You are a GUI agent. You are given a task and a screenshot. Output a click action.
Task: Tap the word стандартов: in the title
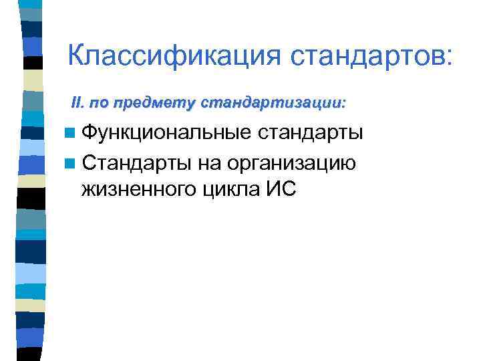[x=371, y=55]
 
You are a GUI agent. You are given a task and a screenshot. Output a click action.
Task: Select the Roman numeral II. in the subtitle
[x=79, y=104]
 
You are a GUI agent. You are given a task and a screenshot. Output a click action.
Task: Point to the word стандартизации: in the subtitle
[x=273, y=104]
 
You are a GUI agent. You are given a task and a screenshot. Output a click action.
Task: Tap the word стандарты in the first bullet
[x=311, y=132]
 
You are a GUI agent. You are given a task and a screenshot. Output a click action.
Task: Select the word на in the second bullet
[x=208, y=162]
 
